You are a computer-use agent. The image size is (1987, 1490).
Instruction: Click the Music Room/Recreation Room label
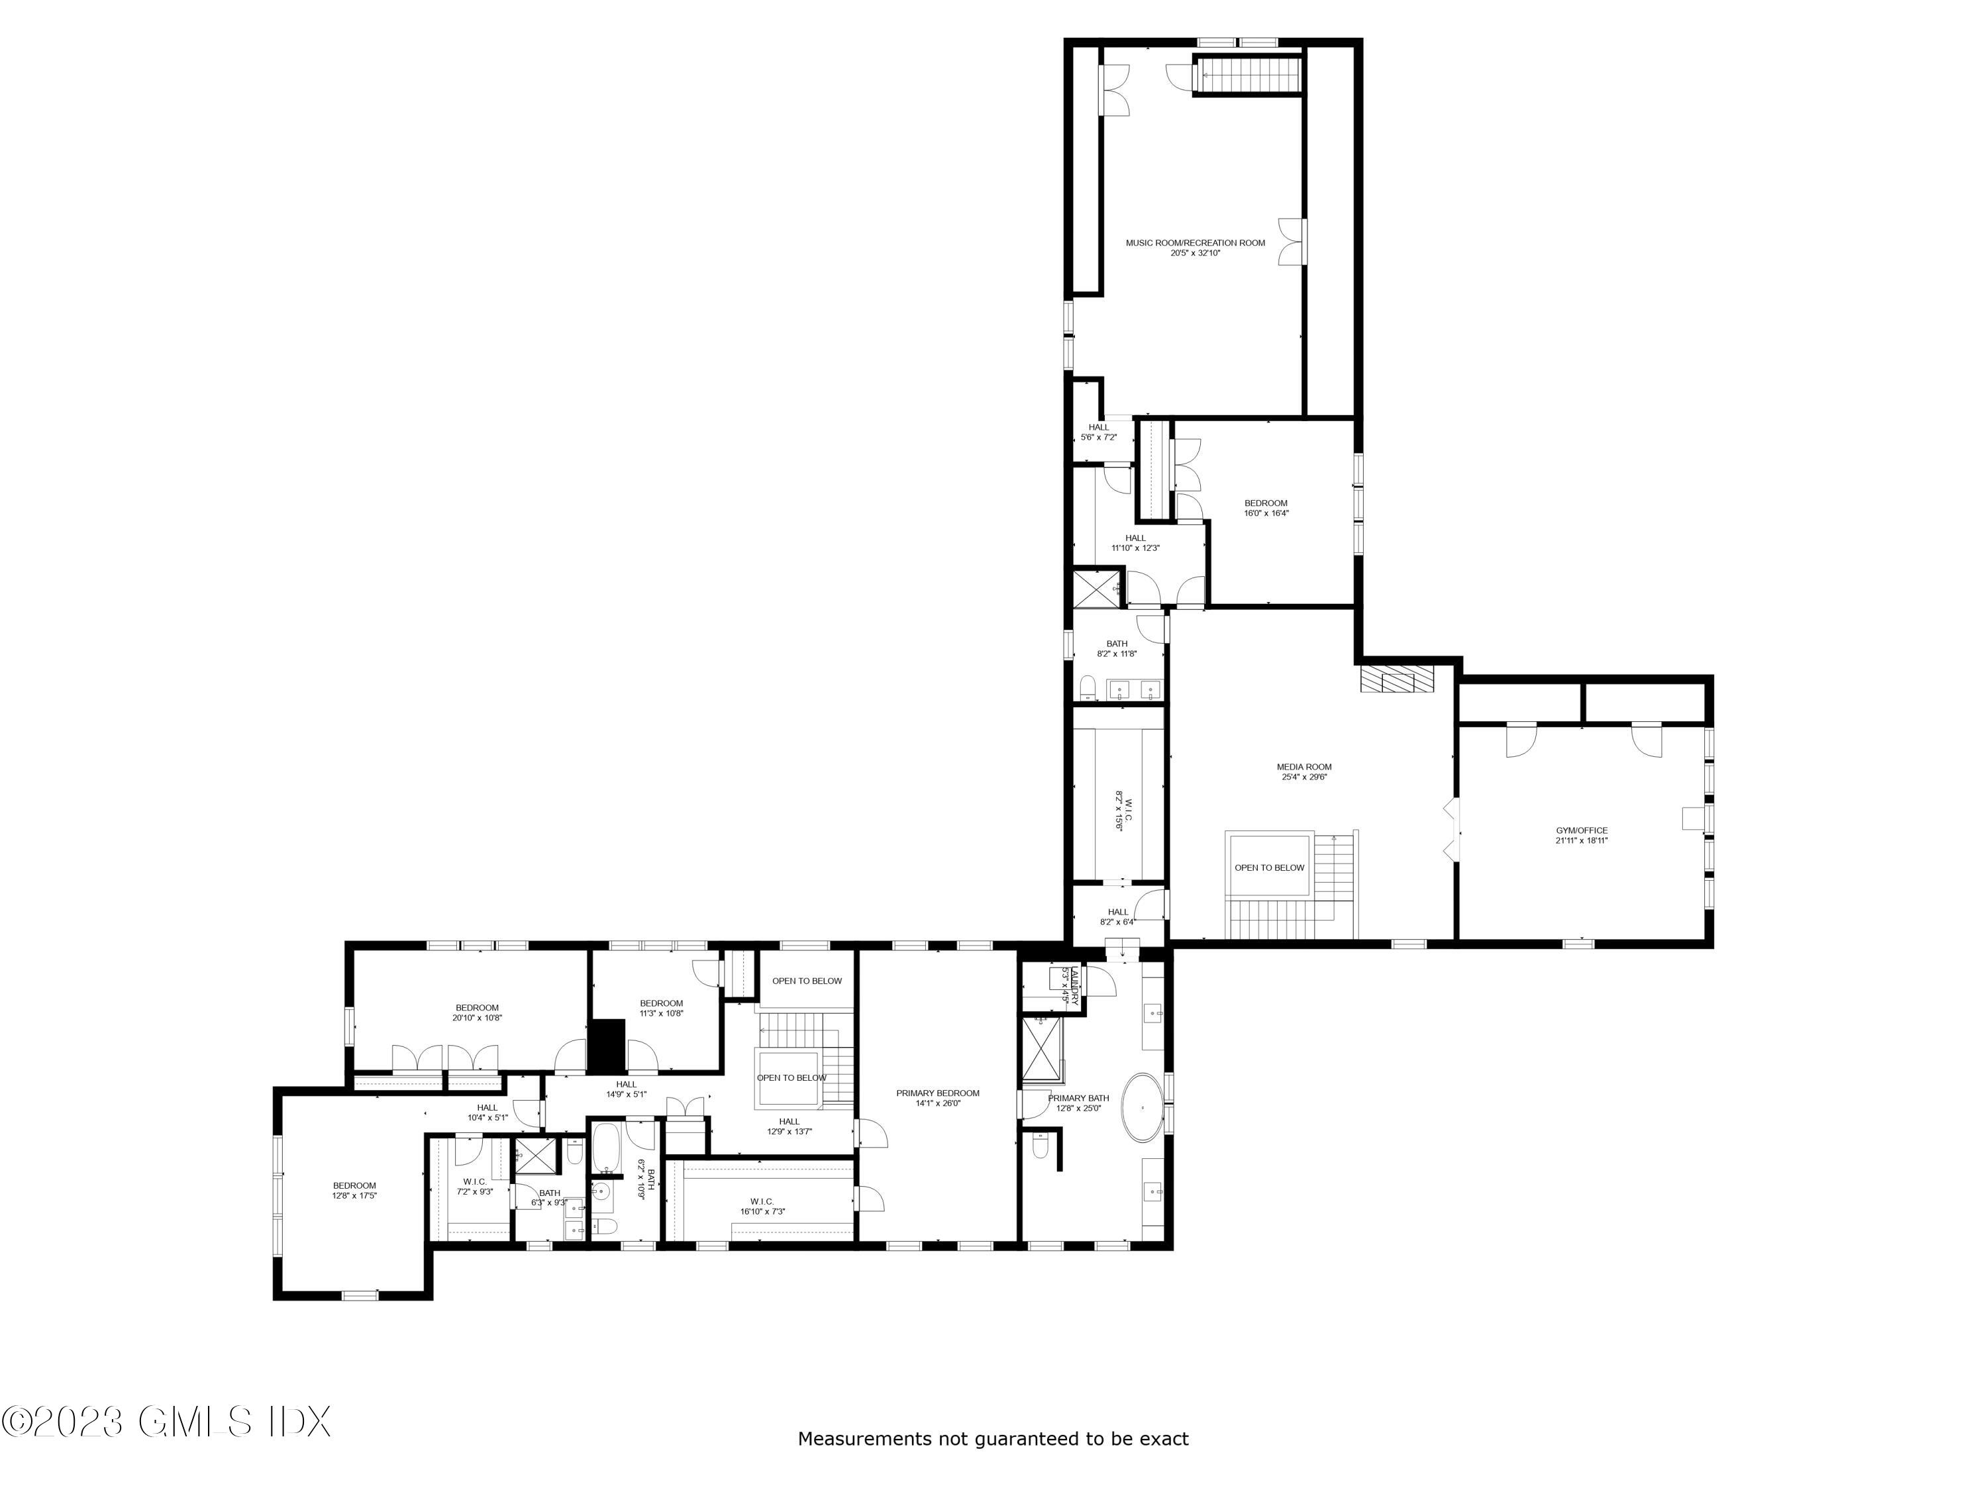pyautogui.click(x=1195, y=248)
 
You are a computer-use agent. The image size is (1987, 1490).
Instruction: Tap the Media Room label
pyautogui.click(x=1303, y=771)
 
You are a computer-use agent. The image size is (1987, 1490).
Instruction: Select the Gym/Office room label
pyautogui.click(x=1581, y=835)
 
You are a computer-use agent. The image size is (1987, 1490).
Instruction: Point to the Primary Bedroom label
pyautogui.click(x=937, y=1097)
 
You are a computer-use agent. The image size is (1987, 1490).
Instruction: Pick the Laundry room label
pyautogui.click(x=1069, y=985)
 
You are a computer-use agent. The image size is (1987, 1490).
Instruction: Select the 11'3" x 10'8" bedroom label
pyautogui.click(x=661, y=1008)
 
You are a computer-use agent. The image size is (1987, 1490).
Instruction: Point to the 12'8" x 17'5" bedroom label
pyautogui.click(x=354, y=1190)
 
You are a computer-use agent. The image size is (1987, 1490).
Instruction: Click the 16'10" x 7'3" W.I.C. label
pyautogui.click(x=762, y=1206)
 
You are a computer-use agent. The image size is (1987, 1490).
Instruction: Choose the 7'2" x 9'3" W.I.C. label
pyautogui.click(x=474, y=1187)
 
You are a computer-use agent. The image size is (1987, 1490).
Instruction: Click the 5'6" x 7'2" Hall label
pyautogui.click(x=1099, y=432)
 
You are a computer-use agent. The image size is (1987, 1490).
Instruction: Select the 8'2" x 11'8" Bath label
pyautogui.click(x=1117, y=648)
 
